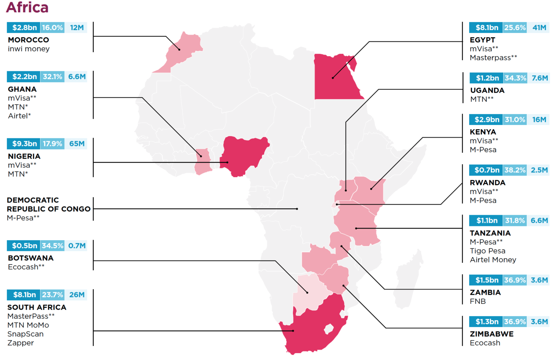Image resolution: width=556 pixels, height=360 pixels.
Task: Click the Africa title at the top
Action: tap(27, 7)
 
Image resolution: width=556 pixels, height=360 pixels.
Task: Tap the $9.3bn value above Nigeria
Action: tap(24, 144)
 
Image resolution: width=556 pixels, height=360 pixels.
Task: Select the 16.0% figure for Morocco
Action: tap(52, 28)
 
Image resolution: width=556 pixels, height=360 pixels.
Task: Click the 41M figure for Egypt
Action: tap(539, 28)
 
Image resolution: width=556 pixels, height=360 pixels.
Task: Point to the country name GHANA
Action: tap(22, 89)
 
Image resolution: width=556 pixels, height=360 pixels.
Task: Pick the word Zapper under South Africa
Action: tap(21, 343)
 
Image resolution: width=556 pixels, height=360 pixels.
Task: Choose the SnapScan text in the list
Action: tap(25, 334)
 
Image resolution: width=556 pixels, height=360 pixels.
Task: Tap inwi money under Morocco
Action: tap(29, 49)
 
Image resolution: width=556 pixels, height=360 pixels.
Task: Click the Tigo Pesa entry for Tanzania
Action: tap(487, 251)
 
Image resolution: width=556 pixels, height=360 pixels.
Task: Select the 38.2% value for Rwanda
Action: tap(515, 170)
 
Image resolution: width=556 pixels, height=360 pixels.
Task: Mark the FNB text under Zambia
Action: tap(477, 301)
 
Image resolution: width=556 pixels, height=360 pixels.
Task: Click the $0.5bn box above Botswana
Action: tap(24, 246)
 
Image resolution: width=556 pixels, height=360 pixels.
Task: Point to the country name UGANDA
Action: tap(487, 90)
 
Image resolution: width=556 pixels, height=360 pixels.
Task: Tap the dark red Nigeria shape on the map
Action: tap(243, 154)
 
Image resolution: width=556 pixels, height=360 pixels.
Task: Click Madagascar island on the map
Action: tap(407, 279)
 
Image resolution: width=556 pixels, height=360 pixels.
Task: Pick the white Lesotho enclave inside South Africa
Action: tap(329, 329)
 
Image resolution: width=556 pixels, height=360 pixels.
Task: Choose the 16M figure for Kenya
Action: tap(539, 120)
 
